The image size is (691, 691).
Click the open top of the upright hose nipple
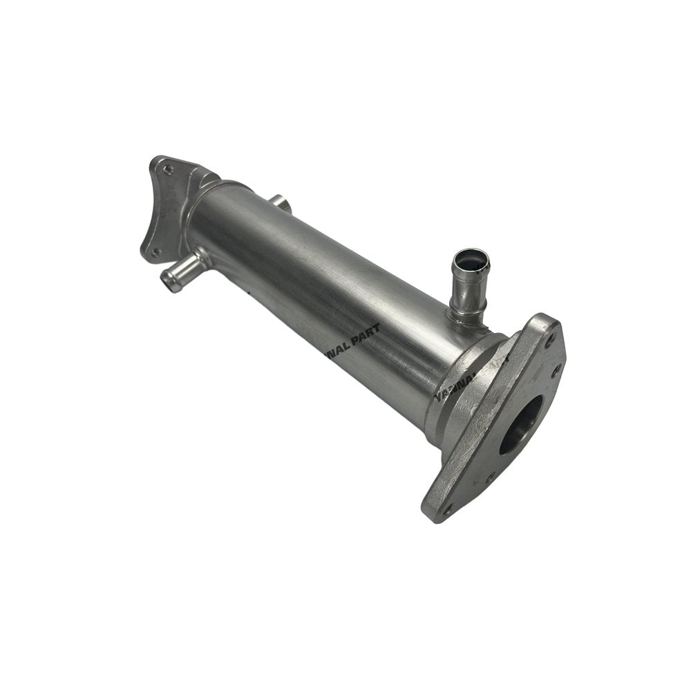(x=470, y=261)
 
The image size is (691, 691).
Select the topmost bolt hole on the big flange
(x=549, y=339)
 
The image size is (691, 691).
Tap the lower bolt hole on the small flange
(x=155, y=252)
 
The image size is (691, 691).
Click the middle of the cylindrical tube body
(x=318, y=276)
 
